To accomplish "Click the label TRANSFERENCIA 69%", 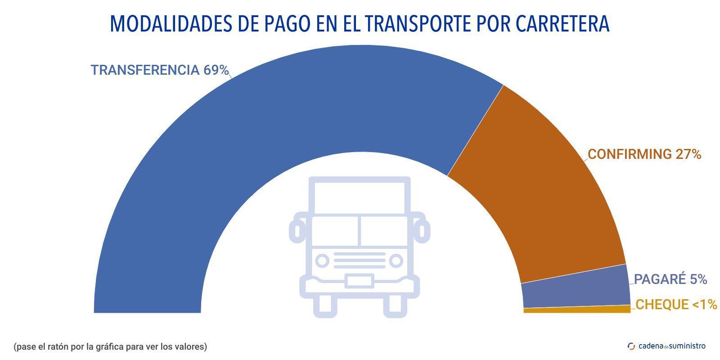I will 160,70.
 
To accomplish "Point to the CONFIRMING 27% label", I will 644,154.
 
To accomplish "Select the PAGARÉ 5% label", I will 670,279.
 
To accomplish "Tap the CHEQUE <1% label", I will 676,305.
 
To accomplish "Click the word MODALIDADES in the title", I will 171,24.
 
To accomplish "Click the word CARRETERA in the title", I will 562,24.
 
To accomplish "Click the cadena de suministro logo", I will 666,346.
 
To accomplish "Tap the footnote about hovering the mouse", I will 110,346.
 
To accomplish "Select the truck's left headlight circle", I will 322,261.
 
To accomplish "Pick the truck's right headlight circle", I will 396,261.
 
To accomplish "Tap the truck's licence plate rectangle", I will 359,281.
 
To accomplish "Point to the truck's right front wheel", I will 395,307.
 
